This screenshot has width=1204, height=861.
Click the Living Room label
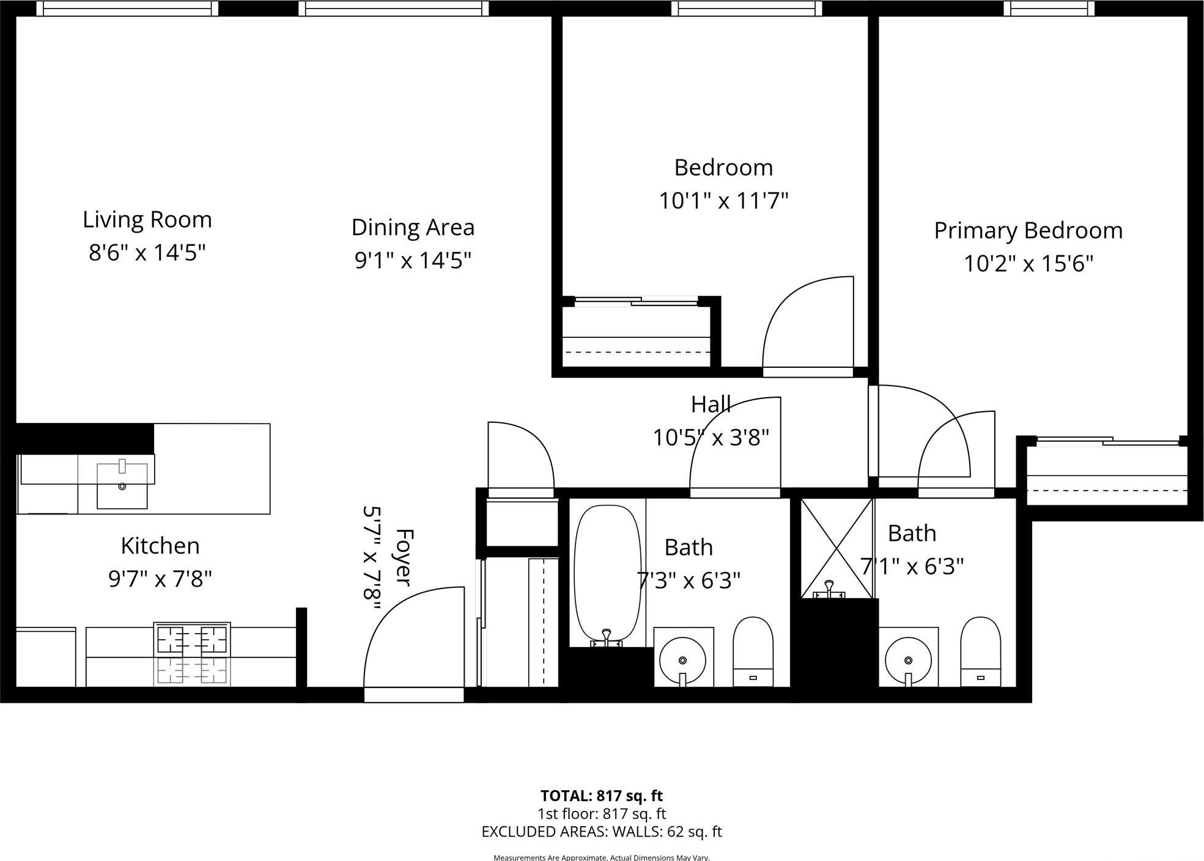147,220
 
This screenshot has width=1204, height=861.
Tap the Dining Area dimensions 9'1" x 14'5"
413,261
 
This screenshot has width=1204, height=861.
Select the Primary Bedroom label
1028,231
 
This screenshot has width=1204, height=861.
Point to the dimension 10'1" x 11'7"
723,201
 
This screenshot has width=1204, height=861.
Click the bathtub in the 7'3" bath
607,574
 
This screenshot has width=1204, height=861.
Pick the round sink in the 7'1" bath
908,661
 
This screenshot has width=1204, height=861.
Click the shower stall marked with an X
837,548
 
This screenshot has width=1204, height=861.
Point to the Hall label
711,405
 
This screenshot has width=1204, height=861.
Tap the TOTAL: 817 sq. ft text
601,796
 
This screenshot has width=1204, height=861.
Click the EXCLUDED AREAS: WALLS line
601,832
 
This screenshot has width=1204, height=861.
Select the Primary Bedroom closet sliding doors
1107,441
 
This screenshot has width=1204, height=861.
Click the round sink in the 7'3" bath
682,661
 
